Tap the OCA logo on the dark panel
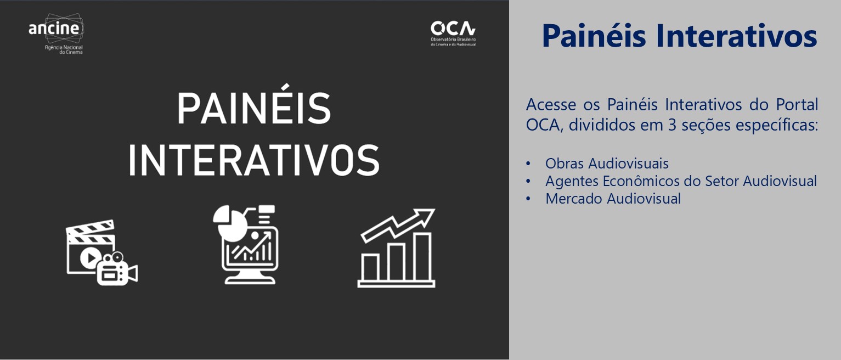click(x=453, y=33)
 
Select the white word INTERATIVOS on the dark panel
click(x=254, y=160)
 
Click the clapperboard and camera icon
click(x=101, y=252)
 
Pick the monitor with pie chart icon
click(x=245, y=245)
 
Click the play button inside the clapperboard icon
click(x=91, y=257)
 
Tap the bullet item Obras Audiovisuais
click(x=607, y=164)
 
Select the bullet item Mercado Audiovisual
click(x=613, y=199)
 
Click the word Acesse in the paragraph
click(x=551, y=104)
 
